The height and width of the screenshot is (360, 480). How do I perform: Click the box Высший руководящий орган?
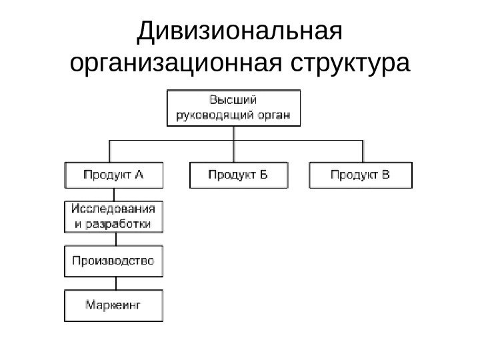coord(233,107)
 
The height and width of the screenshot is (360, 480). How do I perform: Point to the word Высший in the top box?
coord(233,100)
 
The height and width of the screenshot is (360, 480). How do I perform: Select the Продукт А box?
coord(113,175)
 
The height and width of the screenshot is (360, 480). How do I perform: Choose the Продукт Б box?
coord(239,175)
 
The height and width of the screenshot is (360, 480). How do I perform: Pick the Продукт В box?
coord(361,175)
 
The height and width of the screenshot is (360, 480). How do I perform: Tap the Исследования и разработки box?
coord(113,216)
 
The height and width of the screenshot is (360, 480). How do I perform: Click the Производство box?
coord(113,261)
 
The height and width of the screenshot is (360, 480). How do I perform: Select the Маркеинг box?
coord(113,305)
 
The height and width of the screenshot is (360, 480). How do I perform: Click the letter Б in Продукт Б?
coord(263,175)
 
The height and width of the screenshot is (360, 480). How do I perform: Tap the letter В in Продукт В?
coord(386,175)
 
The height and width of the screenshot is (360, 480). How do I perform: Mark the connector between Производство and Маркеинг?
coord(113,283)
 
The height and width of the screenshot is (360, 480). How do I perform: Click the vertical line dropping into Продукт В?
coord(363,151)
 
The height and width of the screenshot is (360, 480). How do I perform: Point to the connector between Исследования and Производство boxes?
coord(113,239)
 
